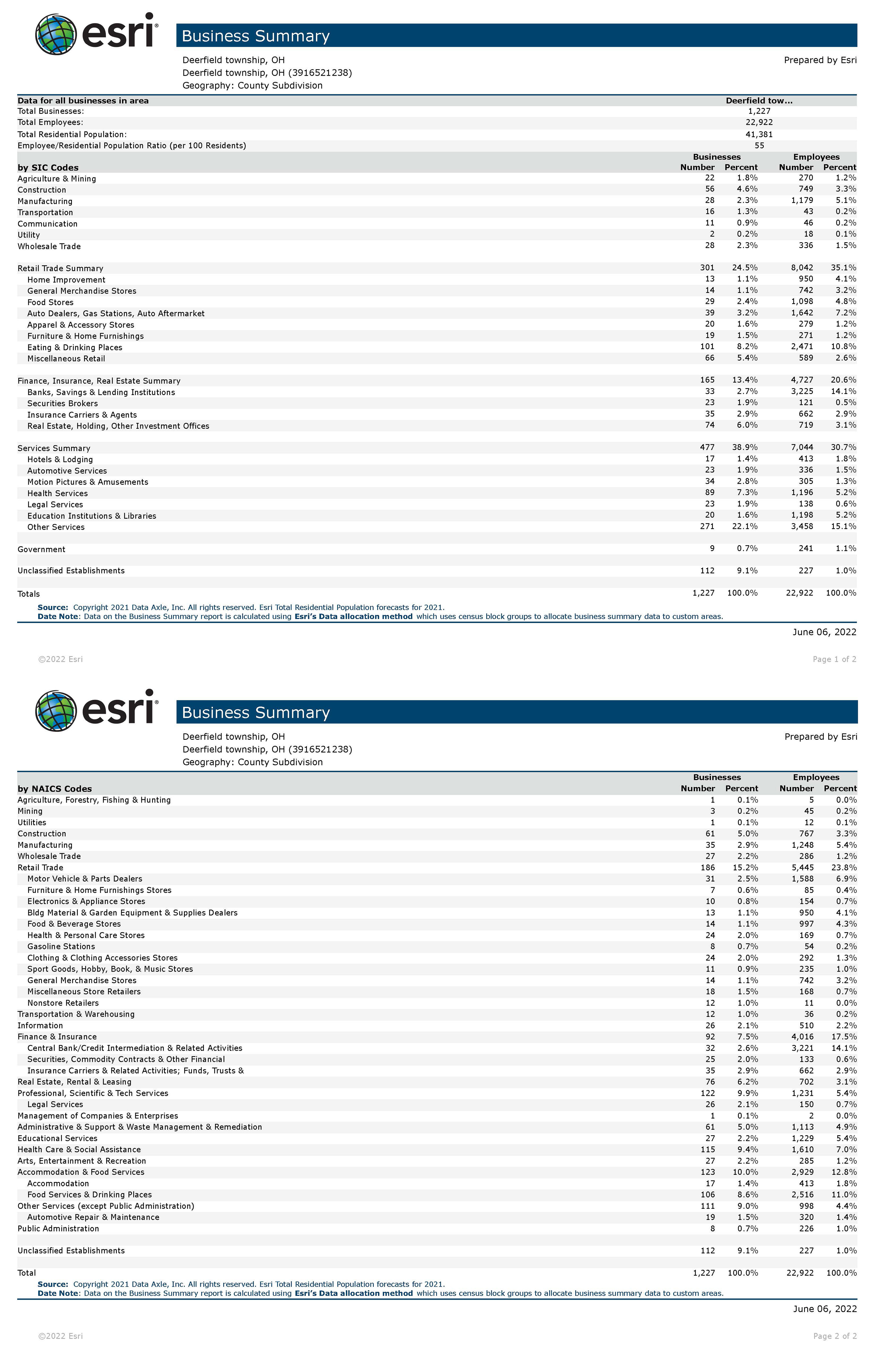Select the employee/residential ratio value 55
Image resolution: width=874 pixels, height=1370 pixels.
click(759, 146)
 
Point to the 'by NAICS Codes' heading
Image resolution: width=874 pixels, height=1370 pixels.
click(55, 789)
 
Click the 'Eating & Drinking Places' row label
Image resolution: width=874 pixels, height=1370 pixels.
click(75, 348)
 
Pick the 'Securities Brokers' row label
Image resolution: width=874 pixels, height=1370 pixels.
click(63, 403)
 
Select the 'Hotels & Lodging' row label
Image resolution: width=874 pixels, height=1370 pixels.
click(60, 460)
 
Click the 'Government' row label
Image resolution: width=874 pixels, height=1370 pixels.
click(41, 550)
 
